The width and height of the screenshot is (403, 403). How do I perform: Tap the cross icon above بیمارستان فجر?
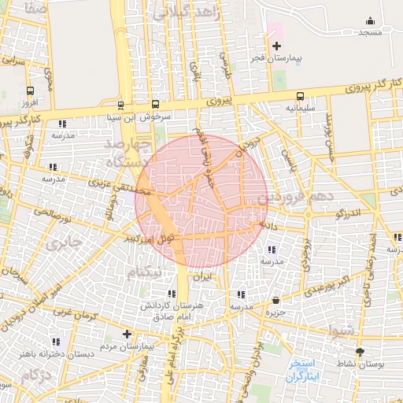(x=275, y=46)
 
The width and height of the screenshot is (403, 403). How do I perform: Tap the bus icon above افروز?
(x=30, y=91)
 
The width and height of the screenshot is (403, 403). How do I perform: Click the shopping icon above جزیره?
(x=275, y=301)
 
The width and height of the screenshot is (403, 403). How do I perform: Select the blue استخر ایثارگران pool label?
(x=303, y=372)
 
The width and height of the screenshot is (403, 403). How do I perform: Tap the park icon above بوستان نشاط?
(x=360, y=352)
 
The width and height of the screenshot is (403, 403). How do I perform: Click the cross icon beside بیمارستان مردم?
(x=127, y=334)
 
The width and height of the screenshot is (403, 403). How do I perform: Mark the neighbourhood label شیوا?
(x=345, y=331)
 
